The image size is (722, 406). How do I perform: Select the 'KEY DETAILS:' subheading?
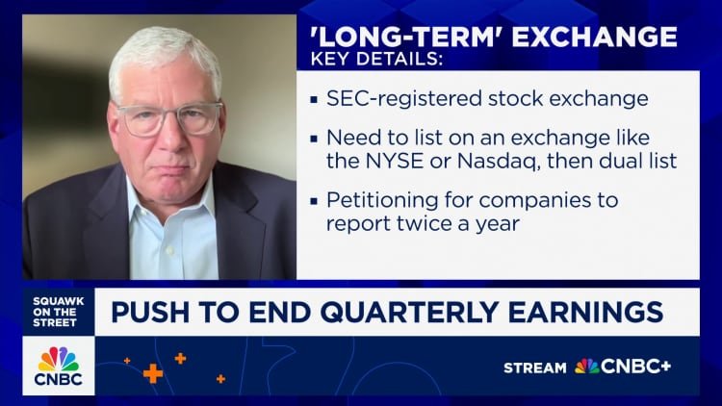(x=376, y=61)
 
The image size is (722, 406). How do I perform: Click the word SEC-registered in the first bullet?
(x=390, y=99)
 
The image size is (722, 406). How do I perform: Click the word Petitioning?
(x=378, y=202)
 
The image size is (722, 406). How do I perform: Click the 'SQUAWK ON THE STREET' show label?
(x=58, y=311)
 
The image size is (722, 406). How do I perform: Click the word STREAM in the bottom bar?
(x=535, y=367)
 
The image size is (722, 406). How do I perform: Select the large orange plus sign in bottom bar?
(x=152, y=373)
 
